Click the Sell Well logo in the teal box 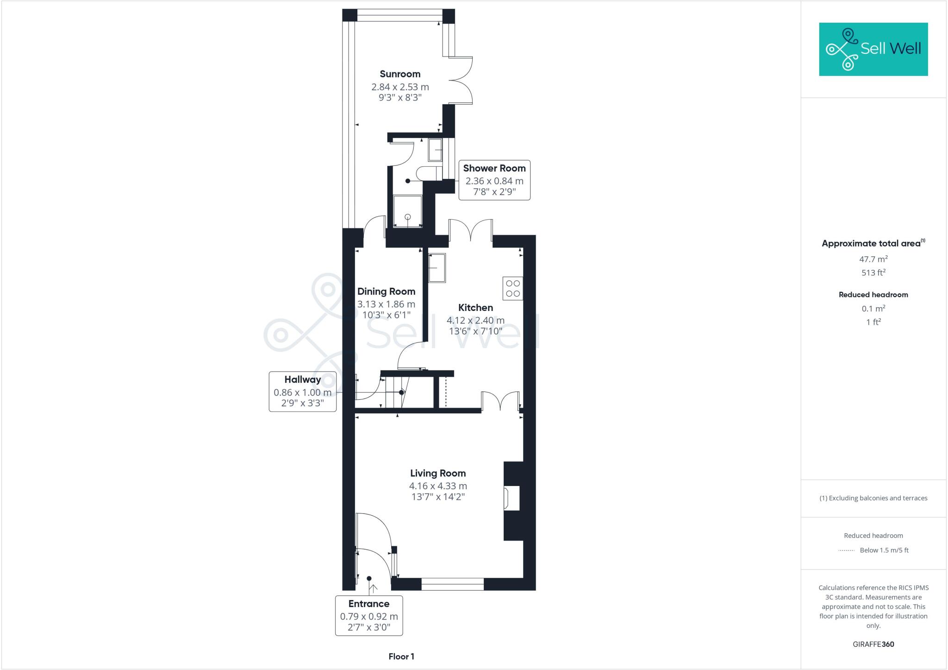coord(873,49)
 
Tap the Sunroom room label coord(400,74)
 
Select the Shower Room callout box coord(494,180)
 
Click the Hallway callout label coord(303,391)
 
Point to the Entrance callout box coord(369,615)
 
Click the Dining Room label coord(386,291)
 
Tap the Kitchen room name coord(475,308)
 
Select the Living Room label coord(438,473)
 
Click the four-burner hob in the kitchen coord(513,288)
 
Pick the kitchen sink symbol coord(437,268)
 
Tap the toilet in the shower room coord(428,174)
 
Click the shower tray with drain coord(408,211)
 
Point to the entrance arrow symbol coord(373,588)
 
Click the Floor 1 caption coord(401,657)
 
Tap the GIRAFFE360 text coord(873,644)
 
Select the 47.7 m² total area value coord(873,259)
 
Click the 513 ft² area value coord(873,273)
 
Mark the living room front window coord(452,584)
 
